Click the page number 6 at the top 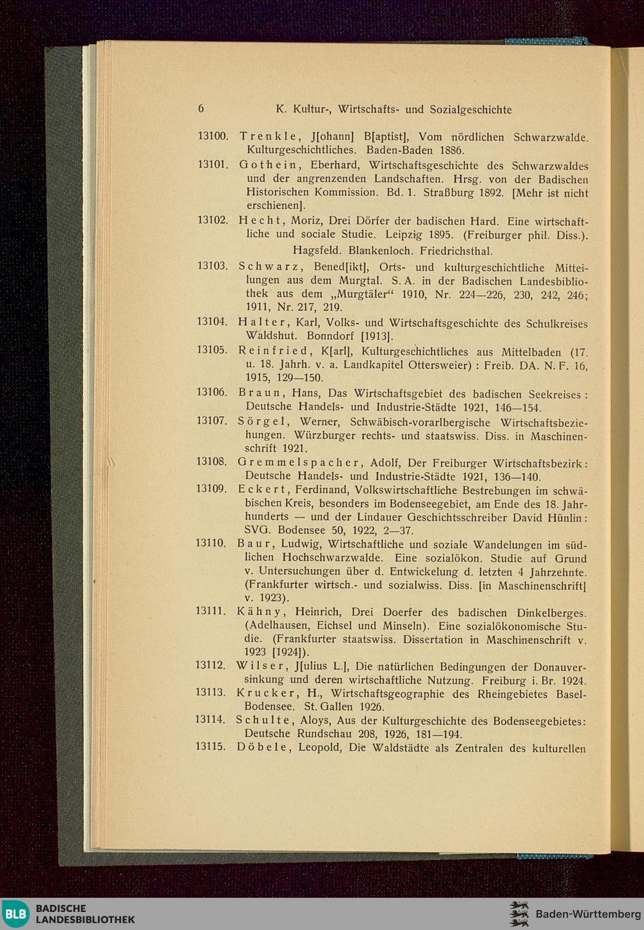[201, 109]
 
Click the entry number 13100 [213, 137]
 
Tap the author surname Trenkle [267, 137]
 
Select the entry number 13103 [213, 266]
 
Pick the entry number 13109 [212, 489]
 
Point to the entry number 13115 [211, 748]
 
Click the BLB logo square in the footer [15, 914]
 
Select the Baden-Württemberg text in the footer [588, 915]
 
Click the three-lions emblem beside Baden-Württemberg [519, 914]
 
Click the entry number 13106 [213, 393]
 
